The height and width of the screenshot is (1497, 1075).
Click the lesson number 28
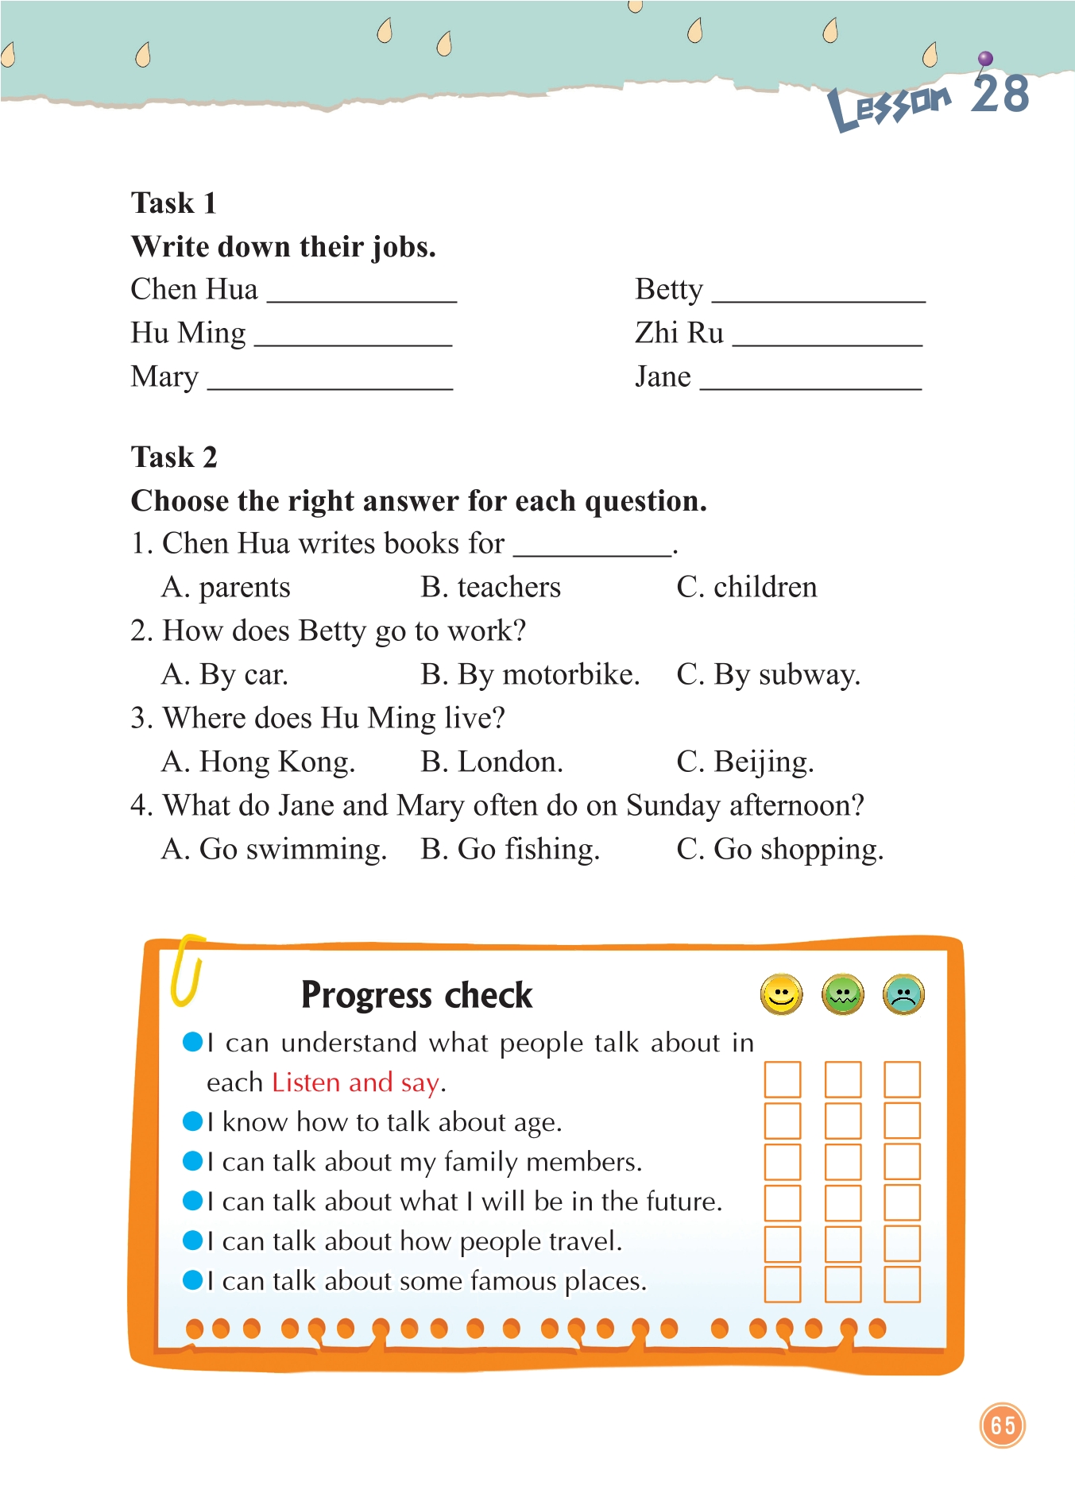[x=1000, y=95]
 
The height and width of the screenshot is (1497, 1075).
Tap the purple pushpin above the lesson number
[x=985, y=59]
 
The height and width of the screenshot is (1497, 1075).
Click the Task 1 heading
[x=174, y=203]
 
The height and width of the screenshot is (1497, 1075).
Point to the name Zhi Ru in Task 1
[x=679, y=333]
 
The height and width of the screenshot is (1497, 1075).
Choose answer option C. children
[x=747, y=588]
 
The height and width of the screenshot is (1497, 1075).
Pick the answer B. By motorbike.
[x=530, y=675]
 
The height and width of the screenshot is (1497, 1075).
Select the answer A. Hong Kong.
[x=258, y=762]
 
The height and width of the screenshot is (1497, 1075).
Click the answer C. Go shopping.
[x=779, y=850]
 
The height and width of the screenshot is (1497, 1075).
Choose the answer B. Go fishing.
[x=510, y=850]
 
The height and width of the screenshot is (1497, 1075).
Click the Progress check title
[x=416, y=996]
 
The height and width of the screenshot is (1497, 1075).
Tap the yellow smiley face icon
[x=782, y=994]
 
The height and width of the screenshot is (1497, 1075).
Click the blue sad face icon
[x=903, y=994]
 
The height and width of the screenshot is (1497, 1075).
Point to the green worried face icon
[x=843, y=994]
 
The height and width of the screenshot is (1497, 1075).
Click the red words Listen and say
[x=355, y=1083]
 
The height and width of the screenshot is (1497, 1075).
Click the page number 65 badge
[x=1003, y=1426]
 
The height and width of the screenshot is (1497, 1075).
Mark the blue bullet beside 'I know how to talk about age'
[x=193, y=1121]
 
